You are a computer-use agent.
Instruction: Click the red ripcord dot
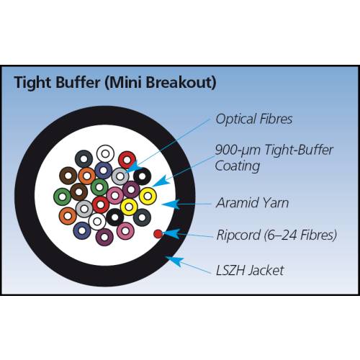pos(158,234)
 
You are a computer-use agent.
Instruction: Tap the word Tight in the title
pos(32,83)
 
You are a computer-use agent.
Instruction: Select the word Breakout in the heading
pos(178,82)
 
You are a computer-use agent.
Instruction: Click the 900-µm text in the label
pos(238,150)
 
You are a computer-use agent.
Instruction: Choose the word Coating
pos(238,166)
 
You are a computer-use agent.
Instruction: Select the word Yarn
pos(276,203)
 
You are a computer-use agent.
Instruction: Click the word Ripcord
pos(238,235)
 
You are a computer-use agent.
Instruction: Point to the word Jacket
pos(266,271)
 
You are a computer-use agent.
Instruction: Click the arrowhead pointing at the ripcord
pos(171,233)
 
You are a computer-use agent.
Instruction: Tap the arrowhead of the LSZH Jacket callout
pos(174,261)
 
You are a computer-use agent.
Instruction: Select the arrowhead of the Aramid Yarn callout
pos(171,204)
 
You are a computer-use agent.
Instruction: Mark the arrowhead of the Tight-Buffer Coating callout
pos(159,182)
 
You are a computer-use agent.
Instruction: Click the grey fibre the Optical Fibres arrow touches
pos(120,176)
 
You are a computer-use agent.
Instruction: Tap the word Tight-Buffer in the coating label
pos(299,150)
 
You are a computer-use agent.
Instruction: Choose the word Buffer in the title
pos(78,82)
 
